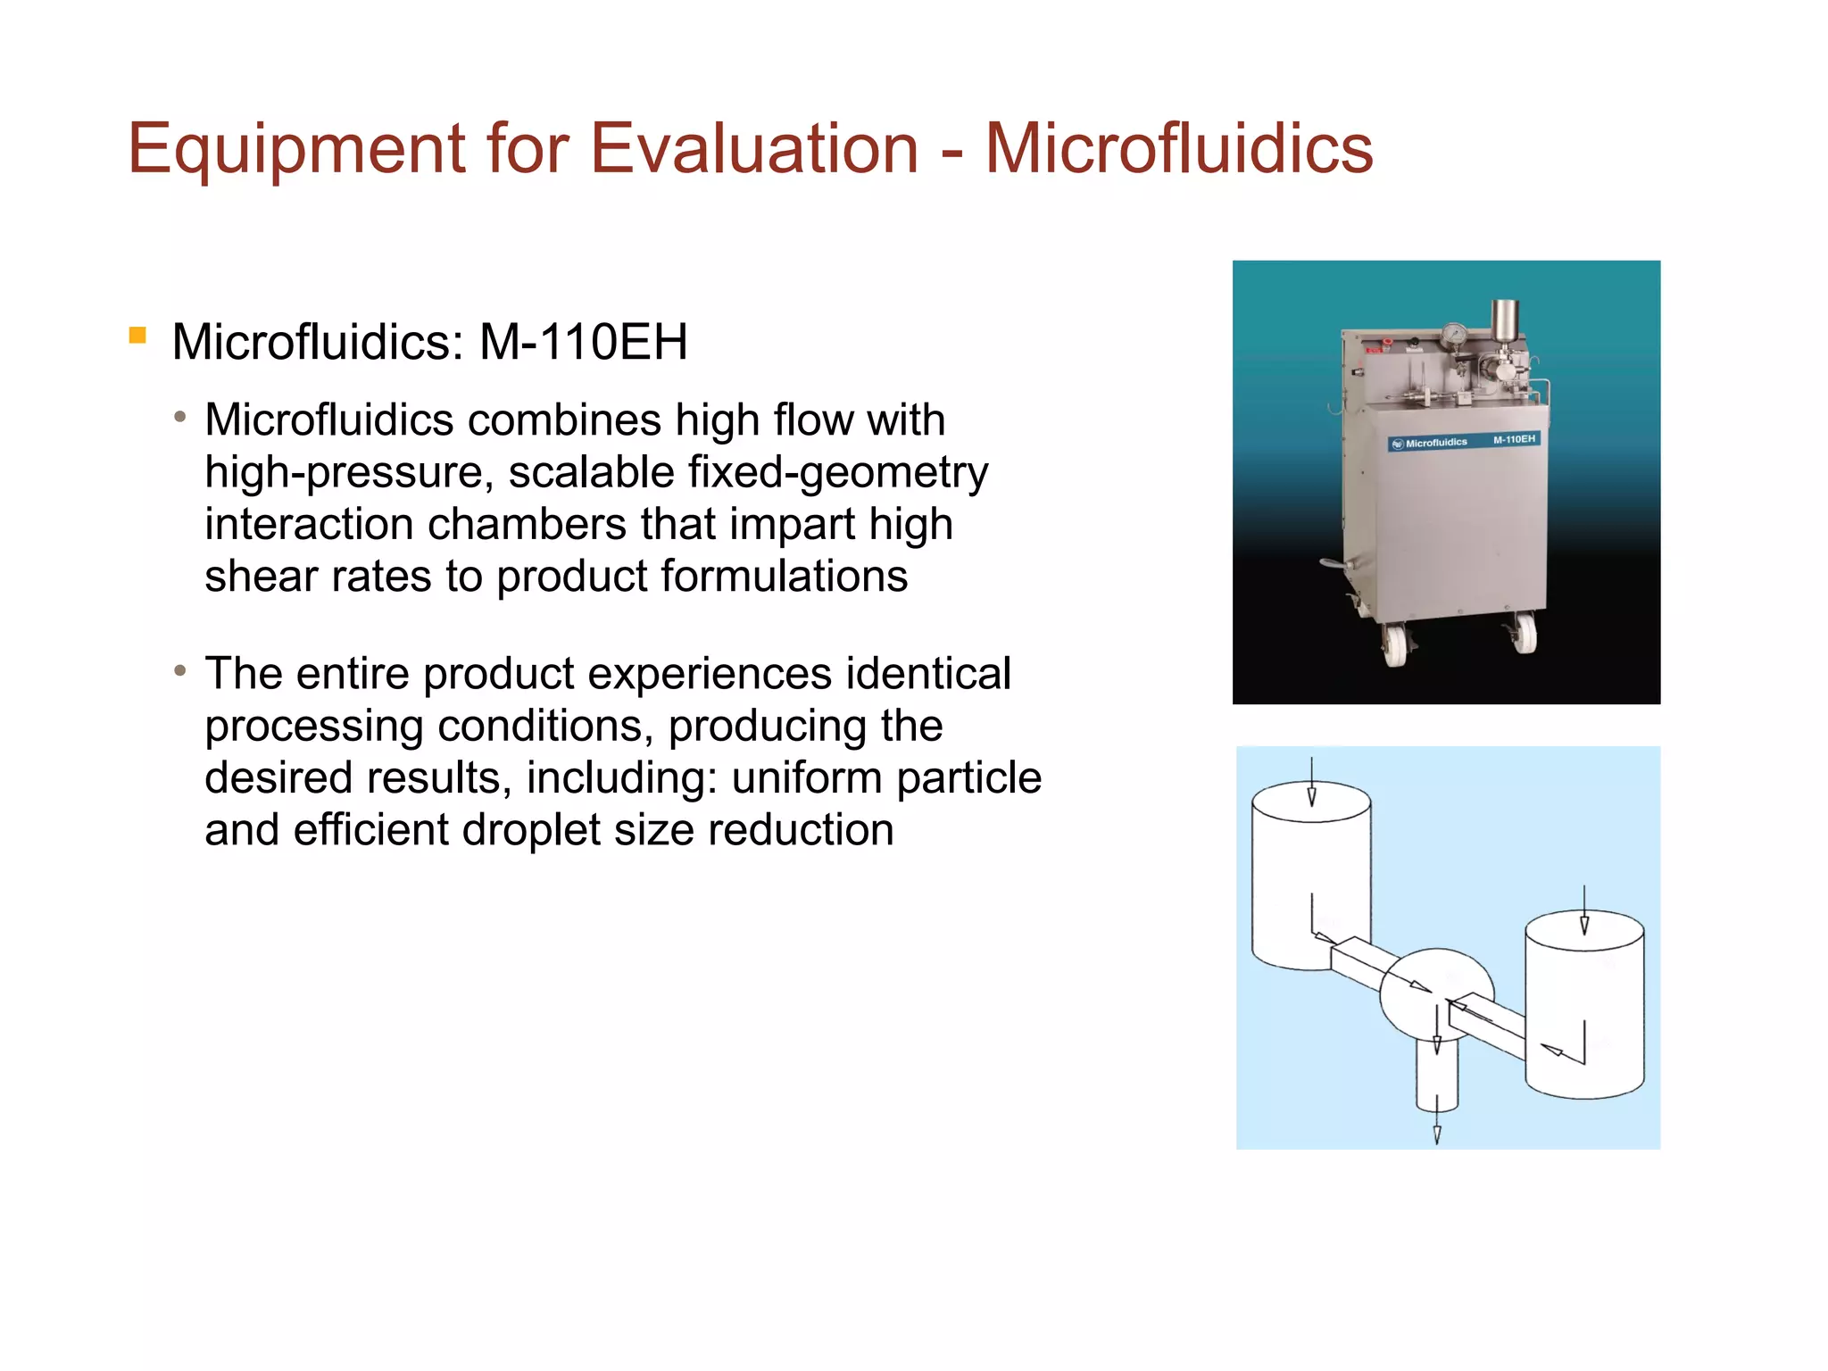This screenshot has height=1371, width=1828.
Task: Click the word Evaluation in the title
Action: click(754, 148)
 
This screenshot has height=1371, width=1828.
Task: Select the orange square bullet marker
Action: click(137, 336)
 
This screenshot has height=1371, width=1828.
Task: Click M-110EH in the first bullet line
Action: click(583, 342)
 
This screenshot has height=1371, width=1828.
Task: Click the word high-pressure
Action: click(349, 473)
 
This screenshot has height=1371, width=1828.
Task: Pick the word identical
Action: click(928, 674)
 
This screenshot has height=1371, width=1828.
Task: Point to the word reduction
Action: click(801, 830)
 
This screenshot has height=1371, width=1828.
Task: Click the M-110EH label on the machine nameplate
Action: click(1514, 439)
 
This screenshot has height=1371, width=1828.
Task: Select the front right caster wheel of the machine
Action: click(1524, 635)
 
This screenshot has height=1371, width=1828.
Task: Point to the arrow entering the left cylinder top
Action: click(1311, 785)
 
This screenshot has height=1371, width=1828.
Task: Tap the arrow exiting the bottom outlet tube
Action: click(1437, 1126)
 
